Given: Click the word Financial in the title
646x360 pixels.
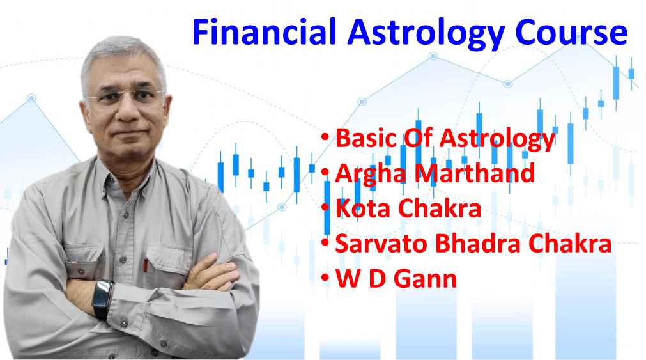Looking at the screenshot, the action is pos(265,32).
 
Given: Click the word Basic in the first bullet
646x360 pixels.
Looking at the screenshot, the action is pos(366,137).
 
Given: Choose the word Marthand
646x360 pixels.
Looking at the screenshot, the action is pos(475,173).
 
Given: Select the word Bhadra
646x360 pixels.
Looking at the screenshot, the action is pos(479,243).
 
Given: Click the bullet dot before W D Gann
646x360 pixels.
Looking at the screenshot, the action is pos(325,278).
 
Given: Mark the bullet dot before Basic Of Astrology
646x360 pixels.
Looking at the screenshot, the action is pos(325,136).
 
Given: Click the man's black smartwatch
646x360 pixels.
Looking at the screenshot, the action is pos(103,299).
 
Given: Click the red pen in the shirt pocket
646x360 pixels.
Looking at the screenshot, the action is pos(146,265).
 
